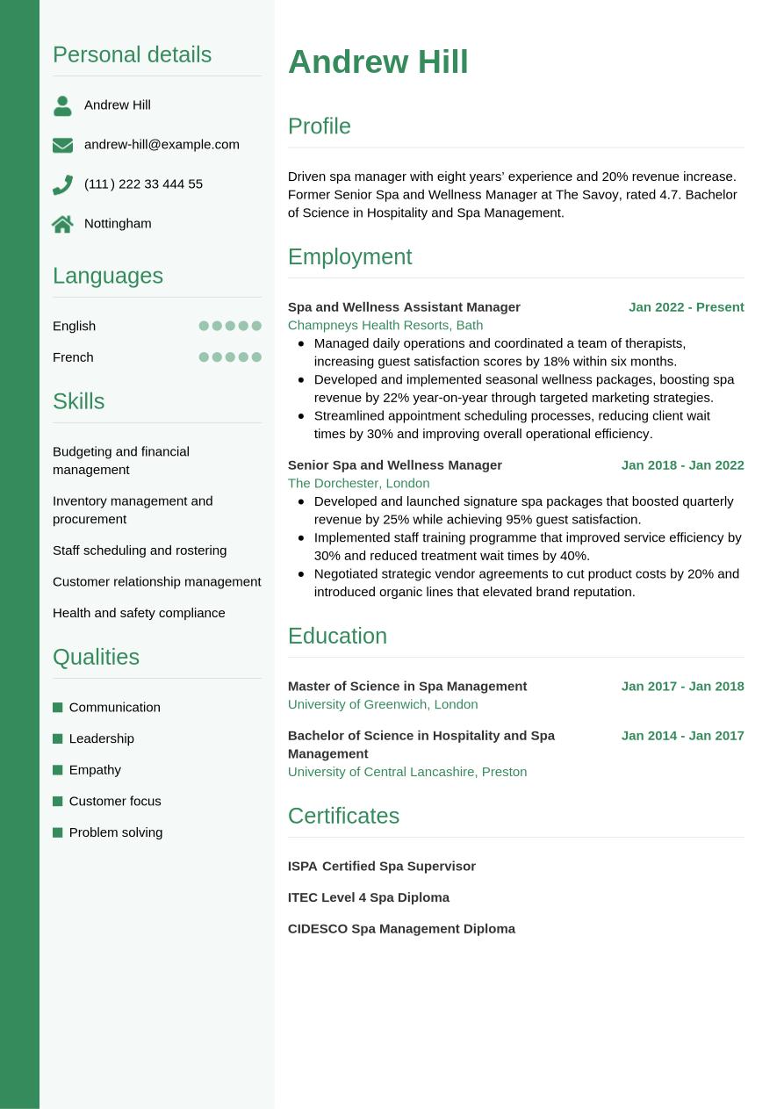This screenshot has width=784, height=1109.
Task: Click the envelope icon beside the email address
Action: click(x=62, y=145)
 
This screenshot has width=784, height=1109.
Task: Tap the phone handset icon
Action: click(x=62, y=184)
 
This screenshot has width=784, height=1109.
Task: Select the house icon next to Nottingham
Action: click(x=62, y=224)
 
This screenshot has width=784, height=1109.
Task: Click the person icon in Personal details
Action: click(x=62, y=105)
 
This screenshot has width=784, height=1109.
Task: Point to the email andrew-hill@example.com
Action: click(x=162, y=144)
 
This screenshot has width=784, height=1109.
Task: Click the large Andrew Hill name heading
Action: click(x=378, y=62)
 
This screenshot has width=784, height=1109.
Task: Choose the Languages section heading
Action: click(x=108, y=276)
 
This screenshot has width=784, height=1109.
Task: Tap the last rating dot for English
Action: click(x=256, y=326)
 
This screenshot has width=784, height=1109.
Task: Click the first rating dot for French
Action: click(x=204, y=357)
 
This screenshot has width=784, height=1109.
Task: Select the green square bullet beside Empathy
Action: click(x=58, y=770)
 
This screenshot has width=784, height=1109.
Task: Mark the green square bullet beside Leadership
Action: click(x=58, y=738)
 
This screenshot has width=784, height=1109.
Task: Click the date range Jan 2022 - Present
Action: click(x=686, y=307)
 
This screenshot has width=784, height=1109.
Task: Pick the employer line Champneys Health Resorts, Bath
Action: click(x=385, y=325)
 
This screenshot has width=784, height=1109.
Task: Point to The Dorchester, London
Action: click(x=358, y=483)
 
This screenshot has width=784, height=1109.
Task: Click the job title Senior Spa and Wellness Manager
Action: click(x=395, y=464)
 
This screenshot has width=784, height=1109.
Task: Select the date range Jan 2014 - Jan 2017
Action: click(x=682, y=736)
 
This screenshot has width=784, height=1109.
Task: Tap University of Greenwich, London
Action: click(x=383, y=704)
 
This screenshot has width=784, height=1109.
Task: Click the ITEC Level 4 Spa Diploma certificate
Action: click(x=369, y=897)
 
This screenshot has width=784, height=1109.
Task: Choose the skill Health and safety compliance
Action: click(x=139, y=613)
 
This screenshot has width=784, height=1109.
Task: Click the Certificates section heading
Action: click(x=343, y=816)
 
